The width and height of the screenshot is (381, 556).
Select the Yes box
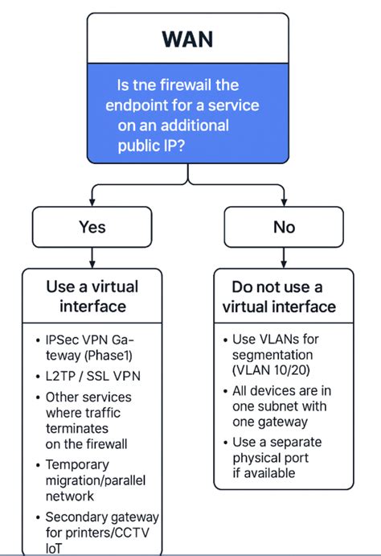[x=92, y=228]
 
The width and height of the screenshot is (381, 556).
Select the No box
[x=284, y=228]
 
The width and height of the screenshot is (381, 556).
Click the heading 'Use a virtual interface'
[x=92, y=296]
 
